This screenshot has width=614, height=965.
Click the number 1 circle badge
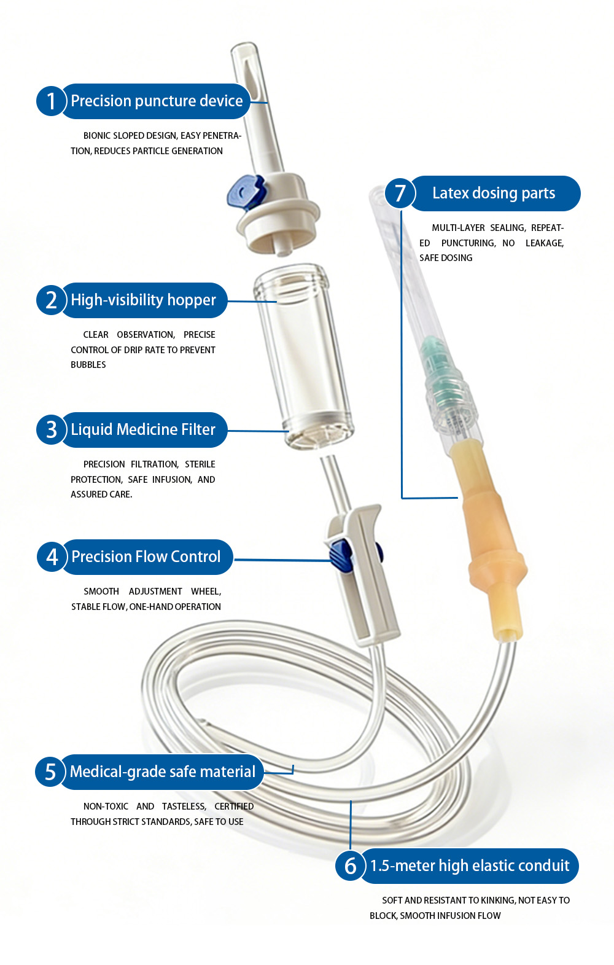51,101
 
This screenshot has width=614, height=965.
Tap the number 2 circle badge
51,300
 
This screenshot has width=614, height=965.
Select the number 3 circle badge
51,429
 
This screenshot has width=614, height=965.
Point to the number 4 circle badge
52,557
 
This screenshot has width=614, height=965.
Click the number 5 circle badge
50,772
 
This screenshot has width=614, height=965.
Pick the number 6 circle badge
351,865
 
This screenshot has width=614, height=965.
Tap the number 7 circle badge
400,193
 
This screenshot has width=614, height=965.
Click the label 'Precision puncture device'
157,101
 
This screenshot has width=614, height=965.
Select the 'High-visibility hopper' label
144,300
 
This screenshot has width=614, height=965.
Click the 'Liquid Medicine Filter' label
143,429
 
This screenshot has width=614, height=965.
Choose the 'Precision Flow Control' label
146,557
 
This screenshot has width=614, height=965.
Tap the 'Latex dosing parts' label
494,193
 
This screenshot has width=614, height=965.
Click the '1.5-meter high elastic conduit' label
470,865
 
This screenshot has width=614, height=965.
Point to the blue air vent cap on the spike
246,192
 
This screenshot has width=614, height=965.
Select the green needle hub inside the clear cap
439,370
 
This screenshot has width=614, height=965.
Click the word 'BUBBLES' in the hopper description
88,365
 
